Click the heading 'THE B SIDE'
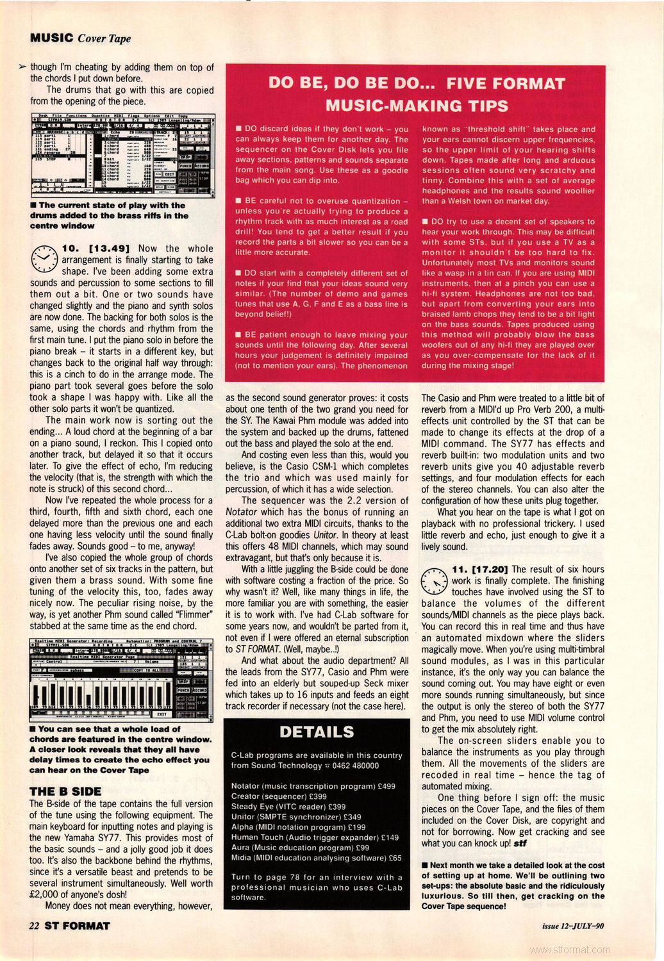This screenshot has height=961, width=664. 65,791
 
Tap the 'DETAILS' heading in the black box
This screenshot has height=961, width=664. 317,732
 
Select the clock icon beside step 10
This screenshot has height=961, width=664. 44,258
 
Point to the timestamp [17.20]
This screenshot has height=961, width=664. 489,569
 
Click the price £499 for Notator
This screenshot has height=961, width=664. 385,786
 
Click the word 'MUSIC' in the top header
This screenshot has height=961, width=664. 51,38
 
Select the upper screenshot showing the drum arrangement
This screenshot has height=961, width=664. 122,155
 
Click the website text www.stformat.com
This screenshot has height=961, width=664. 570,950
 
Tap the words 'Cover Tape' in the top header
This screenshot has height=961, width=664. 104,38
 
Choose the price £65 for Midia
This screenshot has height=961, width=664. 395,858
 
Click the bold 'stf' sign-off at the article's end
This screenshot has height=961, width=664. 520,843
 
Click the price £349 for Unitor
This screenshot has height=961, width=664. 352,817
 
